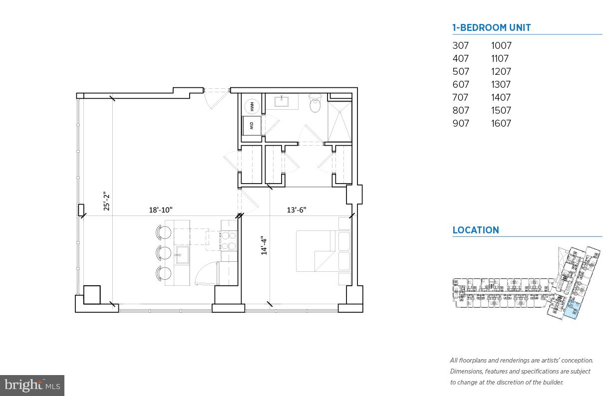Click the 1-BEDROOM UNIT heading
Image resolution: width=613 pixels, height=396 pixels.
click(491, 28)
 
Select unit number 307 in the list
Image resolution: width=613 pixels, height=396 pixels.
click(460, 45)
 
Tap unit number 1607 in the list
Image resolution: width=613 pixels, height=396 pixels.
click(501, 123)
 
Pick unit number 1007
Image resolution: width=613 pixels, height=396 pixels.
click(501, 45)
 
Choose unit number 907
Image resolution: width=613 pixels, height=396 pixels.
click(460, 123)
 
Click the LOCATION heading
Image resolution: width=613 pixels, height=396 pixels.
click(475, 230)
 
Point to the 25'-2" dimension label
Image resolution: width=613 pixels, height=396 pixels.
click(106, 201)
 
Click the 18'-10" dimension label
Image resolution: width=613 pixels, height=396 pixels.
click(161, 210)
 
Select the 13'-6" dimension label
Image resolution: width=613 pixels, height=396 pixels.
click(296, 210)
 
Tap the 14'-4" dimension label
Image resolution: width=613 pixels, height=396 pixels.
click(265, 245)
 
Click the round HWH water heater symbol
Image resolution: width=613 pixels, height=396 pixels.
click(253, 106)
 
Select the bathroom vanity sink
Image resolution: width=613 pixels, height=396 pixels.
click(282, 102)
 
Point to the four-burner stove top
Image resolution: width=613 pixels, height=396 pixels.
click(228, 240)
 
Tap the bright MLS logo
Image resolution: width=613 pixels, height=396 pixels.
click(32, 385)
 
